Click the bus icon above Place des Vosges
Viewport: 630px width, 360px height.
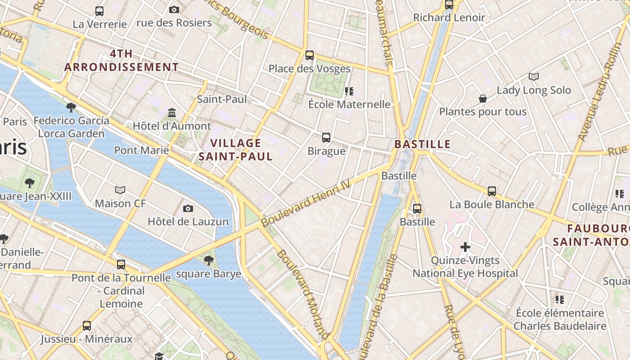coord(310,55)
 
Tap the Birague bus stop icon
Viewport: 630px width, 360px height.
coord(326,138)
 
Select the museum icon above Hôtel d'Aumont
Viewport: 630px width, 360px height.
coord(172,112)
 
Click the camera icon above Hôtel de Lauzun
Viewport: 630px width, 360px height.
coord(188,208)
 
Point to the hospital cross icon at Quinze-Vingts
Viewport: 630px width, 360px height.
coord(465,247)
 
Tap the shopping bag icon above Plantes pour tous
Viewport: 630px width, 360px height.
coord(483,98)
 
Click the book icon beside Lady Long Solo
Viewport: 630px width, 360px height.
coord(534,77)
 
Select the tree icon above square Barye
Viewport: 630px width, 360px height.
coord(208,260)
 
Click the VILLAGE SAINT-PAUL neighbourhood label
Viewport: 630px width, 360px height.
coord(236,150)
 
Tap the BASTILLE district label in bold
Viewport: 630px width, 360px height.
coord(422,144)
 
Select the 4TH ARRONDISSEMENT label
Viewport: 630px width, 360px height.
coord(121,60)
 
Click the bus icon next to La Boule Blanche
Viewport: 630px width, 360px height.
coord(492,191)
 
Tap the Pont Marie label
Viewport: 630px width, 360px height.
coord(141,150)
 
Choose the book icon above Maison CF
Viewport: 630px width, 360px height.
coord(120,190)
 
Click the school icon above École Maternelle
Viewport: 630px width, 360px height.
coord(349,91)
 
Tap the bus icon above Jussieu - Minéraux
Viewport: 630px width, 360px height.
coord(87,325)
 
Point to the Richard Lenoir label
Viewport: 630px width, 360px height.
coord(449,18)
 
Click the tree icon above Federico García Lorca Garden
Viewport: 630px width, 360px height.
coord(71,107)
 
